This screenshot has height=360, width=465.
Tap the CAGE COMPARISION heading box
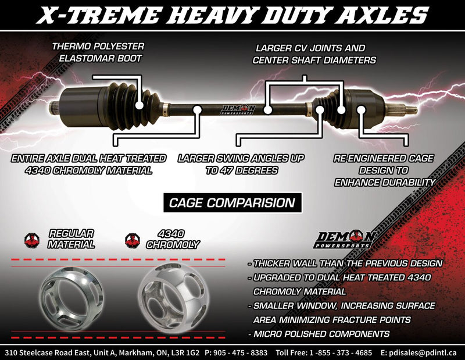click(231, 203)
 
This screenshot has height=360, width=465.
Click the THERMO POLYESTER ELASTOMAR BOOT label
click(98, 52)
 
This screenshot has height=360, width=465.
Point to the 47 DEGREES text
click(241, 171)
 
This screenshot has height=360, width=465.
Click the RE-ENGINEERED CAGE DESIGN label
click(384, 170)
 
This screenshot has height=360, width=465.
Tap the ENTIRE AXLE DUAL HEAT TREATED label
click(89, 164)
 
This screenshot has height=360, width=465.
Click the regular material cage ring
click(69, 294)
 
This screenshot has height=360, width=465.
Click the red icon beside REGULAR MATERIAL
click(31, 239)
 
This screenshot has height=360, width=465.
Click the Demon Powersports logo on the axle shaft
click(239, 109)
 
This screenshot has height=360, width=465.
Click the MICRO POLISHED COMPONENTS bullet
click(318, 334)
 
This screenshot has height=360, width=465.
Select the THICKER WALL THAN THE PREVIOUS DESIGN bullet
click(345, 263)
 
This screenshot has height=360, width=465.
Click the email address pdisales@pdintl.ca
click(419, 352)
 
